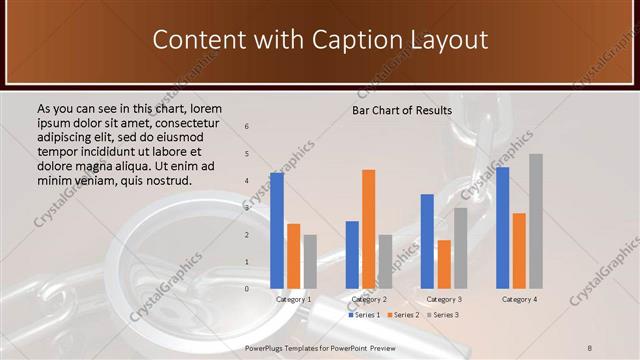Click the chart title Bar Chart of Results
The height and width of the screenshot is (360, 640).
401,110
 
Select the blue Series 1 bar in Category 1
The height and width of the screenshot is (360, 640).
277,230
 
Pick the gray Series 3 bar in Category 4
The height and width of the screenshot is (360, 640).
536,220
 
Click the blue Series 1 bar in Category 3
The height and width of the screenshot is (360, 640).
427,240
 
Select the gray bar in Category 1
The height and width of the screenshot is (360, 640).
310,261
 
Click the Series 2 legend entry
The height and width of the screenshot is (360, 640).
402,315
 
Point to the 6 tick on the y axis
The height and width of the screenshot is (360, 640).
247,127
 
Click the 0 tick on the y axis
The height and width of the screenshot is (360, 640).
247,288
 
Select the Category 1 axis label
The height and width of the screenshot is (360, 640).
293,299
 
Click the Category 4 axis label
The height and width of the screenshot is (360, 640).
518,299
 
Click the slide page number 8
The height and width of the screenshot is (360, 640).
590,347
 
